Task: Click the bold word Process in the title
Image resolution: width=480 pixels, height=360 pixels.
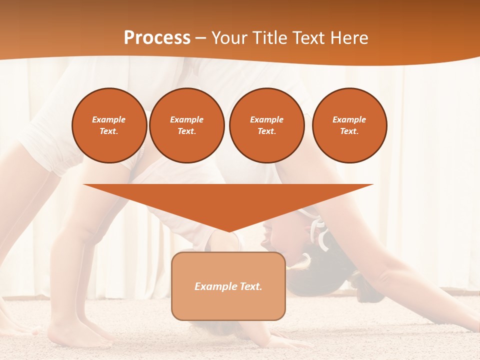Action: coord(157,38)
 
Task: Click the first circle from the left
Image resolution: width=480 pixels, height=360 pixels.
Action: coord(109,125)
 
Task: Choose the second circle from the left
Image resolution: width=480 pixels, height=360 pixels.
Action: coord(187,125)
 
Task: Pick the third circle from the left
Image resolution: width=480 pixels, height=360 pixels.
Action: coord(266,125)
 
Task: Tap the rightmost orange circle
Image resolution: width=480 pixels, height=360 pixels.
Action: coord(349,125)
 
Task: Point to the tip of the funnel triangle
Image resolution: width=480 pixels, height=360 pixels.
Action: coord(228,230)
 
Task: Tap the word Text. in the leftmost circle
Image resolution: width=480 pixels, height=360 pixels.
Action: coord(109,131)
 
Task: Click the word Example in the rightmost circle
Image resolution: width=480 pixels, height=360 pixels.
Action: coord(349,119)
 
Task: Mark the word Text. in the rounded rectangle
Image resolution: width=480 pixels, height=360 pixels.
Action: coord(249,286)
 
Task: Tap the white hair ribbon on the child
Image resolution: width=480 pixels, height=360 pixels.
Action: coord(318,230)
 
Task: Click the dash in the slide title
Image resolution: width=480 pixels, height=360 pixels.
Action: coord(200,38)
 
